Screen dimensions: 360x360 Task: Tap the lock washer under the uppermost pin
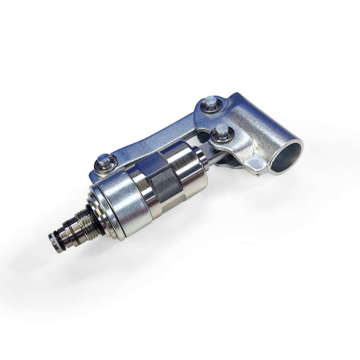(207, 107)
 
